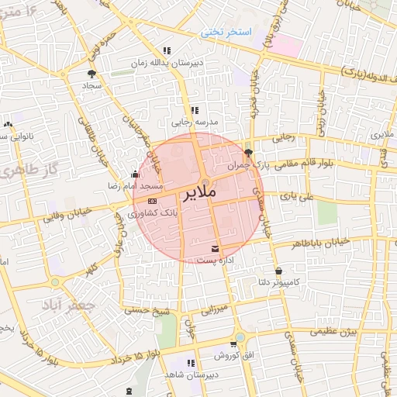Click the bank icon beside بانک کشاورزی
(x=151, y=201)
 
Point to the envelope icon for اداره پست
(x=215, y=250)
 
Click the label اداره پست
(x=216, y=261)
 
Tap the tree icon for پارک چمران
(x=247, y=153)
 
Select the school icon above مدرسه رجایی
(x=195, y=110)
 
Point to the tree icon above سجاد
(x=92, y=74)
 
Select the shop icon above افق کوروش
(x=233, y=343)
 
